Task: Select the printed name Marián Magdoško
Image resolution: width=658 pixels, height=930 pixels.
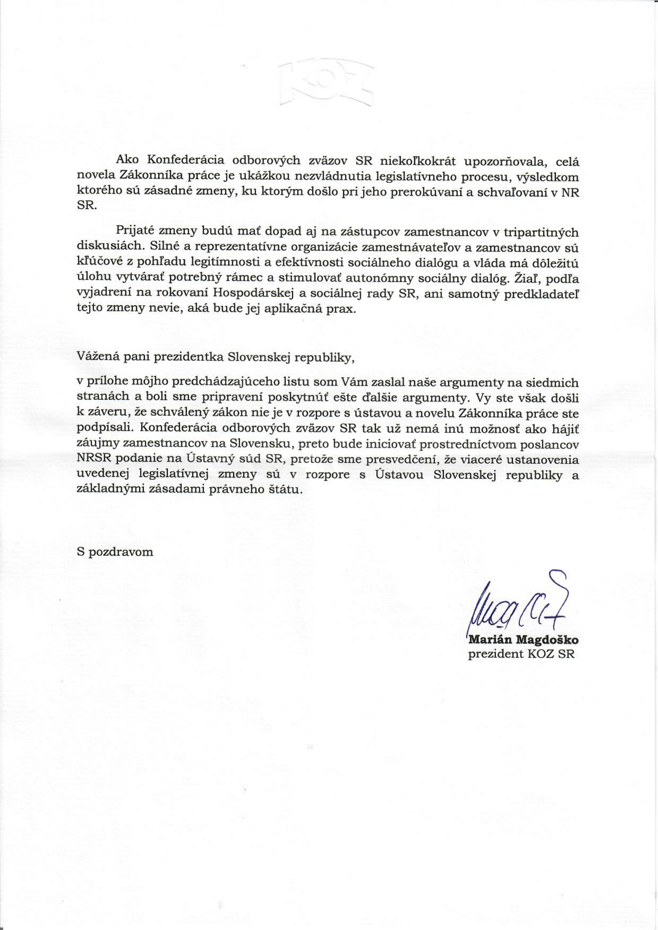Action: click(x=523, y=641)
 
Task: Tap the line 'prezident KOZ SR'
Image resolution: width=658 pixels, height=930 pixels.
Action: click(x=521, y=654)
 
